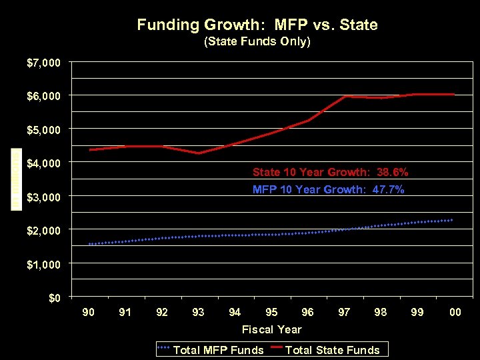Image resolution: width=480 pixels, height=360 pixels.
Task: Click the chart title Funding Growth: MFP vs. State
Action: click(x=257, y=25)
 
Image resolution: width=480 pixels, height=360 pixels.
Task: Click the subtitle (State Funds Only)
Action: click(x=257, y=42)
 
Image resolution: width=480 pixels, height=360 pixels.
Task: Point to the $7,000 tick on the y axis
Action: click(x=43, y=63)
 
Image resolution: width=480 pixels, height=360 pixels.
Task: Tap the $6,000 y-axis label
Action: click(x=43, y=96)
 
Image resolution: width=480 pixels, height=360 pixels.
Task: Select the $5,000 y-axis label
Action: click(x=43, y=129)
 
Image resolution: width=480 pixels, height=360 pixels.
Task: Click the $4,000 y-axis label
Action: click(x=43, y=163)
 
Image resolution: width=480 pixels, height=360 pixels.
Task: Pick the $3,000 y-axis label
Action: click(x=43, y=197)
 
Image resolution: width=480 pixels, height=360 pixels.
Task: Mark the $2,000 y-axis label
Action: click(x=43, y=231)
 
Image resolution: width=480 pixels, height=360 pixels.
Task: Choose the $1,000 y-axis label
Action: click(x=43, y=265)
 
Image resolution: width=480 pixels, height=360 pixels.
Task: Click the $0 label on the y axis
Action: click(x=55, y=298)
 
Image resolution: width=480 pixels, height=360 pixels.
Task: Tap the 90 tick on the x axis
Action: click(x=88, y=312)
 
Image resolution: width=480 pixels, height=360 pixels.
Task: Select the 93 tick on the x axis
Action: click(x=198, y=312)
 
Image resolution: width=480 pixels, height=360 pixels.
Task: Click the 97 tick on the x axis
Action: click(x=344, y=312)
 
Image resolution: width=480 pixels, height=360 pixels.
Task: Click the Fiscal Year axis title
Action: click(x=271, y=329)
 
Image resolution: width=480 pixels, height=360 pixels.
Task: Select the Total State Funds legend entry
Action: click(x=332, y=350)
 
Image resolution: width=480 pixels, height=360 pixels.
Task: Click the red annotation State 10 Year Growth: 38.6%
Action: click(x=330, y=172)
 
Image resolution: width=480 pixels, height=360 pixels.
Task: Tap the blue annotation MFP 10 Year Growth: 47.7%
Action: click(x=328, y=189)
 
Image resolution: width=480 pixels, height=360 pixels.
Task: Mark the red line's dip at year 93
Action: click(x=198, y=153)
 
